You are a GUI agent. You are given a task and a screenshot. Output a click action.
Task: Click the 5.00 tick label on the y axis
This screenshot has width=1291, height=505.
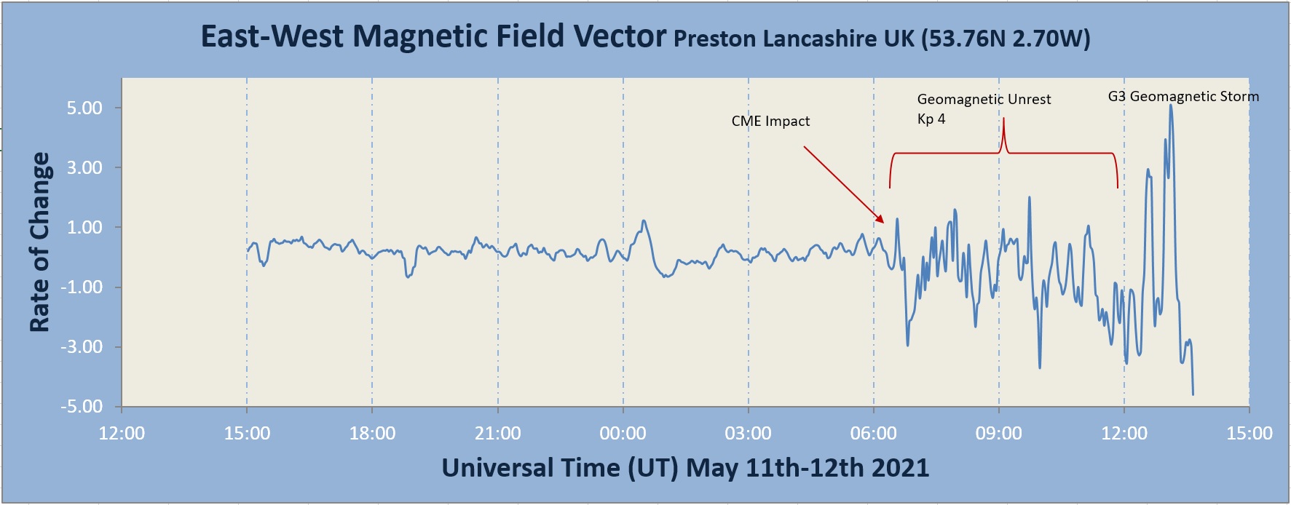84,108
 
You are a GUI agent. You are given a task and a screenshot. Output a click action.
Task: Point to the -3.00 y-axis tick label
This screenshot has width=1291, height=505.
82,347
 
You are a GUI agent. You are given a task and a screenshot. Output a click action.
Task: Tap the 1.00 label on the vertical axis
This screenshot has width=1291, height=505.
84,228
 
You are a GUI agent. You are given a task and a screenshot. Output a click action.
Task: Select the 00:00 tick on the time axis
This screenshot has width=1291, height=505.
623,434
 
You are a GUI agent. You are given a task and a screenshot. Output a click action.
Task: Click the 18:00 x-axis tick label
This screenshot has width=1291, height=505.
372,434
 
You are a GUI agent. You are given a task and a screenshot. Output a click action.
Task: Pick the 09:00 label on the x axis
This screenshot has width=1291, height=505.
998,434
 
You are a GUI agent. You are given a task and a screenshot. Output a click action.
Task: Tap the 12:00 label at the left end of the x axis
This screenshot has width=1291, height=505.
122,434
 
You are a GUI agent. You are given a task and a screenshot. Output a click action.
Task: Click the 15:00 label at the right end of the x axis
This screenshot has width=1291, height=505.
1249,434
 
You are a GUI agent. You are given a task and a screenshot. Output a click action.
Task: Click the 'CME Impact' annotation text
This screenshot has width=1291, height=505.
770,122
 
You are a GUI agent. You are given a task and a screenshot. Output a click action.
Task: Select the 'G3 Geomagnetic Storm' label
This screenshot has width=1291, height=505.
1183,97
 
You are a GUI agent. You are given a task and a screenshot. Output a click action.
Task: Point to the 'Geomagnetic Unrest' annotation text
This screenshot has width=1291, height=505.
984,100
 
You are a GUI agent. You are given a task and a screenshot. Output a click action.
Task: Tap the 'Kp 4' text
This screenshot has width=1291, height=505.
931,119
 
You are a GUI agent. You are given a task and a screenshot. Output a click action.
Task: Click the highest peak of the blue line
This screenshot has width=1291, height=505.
1171,106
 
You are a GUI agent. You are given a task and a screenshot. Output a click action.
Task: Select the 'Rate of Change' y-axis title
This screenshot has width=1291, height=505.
40,242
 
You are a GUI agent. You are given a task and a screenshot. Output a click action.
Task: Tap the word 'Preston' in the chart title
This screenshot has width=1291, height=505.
714,39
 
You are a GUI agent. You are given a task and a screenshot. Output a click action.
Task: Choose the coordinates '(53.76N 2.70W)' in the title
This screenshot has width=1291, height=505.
1006,39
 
